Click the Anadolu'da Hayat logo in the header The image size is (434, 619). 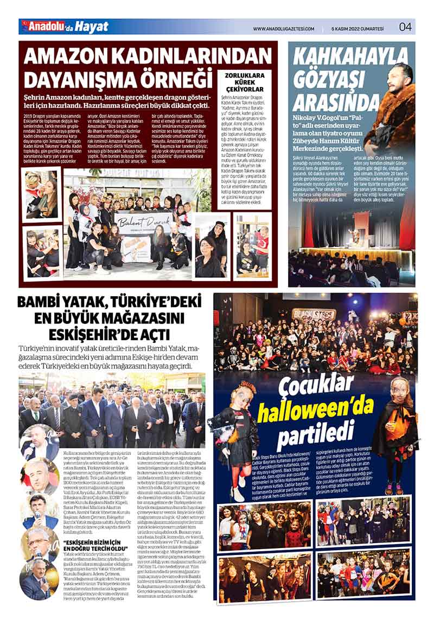65,27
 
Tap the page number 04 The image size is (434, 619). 405,27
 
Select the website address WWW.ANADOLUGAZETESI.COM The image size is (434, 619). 284,28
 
